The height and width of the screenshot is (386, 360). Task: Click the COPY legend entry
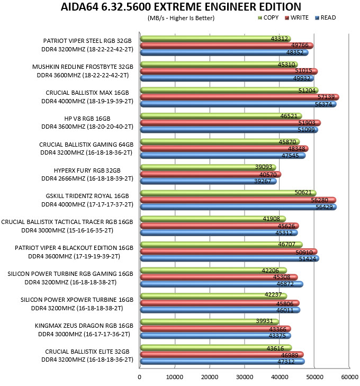point(268,17)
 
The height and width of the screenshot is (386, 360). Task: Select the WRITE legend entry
point(297,17)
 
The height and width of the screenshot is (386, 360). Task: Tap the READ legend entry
point(326,17)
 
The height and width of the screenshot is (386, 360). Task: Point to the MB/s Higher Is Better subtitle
point(181,18)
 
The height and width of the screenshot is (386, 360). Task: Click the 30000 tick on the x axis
point(245,377)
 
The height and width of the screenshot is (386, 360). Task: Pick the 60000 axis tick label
point(349,377)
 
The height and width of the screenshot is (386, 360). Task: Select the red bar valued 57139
point(240,97)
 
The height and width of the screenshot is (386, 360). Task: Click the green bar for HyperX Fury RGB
point(208,167)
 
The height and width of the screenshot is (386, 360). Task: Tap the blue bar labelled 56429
point(238,207)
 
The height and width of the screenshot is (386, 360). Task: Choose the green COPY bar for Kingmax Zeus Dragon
point(210,322)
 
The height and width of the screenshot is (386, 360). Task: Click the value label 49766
point(300,45)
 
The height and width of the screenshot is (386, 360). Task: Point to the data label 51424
point(308,259)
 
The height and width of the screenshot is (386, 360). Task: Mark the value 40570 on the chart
point(268,175)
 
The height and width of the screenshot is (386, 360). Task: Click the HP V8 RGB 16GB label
point(87,119)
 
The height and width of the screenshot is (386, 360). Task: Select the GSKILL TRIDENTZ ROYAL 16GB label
point(87,196)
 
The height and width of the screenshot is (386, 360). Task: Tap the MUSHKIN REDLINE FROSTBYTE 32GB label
point(83,67)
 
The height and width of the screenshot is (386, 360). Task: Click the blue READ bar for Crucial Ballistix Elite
point(222,362)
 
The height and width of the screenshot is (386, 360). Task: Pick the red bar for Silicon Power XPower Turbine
point(220,303)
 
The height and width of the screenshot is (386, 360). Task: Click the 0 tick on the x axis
point(140,377)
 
